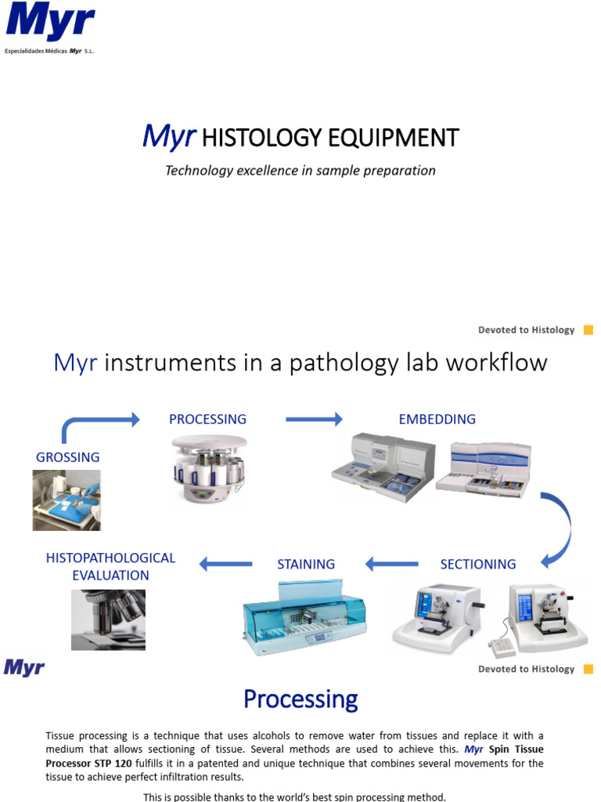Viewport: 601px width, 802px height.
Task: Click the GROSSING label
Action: pos(68,457)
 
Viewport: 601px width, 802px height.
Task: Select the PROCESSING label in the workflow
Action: pos(207,419)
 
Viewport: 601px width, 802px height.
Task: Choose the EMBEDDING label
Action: pos(437,419)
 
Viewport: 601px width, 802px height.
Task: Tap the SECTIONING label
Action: pos(477,564)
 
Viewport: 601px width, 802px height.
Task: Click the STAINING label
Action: pos(306,564)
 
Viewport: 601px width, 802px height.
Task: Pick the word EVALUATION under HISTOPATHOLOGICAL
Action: pos(110,575)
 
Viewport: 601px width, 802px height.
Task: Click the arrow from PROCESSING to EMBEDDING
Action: pos(314,420)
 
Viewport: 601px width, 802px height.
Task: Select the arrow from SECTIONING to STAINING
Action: pos(392,563)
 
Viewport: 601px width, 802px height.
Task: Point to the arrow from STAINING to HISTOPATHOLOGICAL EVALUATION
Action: pos(226,563)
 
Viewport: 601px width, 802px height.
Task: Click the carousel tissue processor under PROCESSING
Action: pos(209,469)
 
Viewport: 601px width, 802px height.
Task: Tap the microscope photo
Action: pos(108,620)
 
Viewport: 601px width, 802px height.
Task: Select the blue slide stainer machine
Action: pos(304,619)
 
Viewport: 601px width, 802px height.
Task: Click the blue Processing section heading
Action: pos(300,699)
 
